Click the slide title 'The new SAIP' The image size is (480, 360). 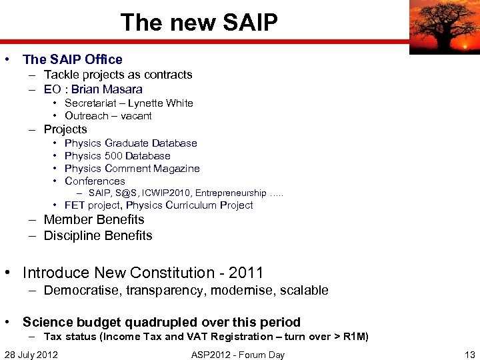pyautogui.click(x=199, y=23)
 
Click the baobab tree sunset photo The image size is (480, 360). pyautogui.click(x=444, y=27)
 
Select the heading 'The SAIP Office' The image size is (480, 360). pyautogui.click(x=73, y=59)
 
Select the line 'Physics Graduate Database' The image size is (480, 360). pyautogui.click(x=131, y=143)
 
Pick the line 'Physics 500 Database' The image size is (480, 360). pyautogui.click(x=117, y=155)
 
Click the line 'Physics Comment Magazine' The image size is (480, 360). pyautogui.click(x=132, y=168)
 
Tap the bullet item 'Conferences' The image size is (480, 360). pyautogui.click(x=95, y=181)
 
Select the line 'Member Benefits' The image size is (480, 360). pyautogui.click(x=94, y=219)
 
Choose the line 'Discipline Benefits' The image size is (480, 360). pyautogui.click(x=98, y=235)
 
